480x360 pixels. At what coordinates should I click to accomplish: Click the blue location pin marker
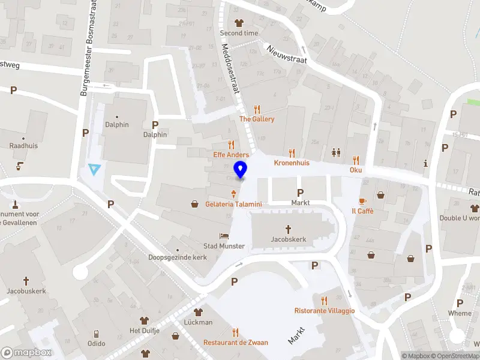point(241,170)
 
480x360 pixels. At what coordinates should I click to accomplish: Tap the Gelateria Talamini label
point(233,204)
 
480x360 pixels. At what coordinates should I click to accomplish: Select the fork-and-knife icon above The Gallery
point(257,109)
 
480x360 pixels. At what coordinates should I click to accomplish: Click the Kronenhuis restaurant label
point(292,163)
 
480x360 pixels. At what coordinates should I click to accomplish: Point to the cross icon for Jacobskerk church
point(288,229)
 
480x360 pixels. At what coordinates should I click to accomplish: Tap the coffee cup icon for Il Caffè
point(362,202)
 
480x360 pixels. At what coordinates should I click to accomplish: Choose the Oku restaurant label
point(356,170)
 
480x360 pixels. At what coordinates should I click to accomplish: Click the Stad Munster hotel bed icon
point(224,236)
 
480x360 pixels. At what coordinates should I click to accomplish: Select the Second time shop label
point(239,33)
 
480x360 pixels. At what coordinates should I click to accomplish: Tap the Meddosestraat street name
point(231,70)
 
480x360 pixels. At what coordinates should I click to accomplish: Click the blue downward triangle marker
point(93,170)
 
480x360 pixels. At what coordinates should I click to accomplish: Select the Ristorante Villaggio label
point(325,310)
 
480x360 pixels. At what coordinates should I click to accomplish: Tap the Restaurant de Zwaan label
point(236,342)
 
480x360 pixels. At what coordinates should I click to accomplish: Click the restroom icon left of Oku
point(335,153)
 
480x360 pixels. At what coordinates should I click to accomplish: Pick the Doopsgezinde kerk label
point(178,257)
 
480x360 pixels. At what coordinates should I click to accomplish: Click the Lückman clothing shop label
point(198,322)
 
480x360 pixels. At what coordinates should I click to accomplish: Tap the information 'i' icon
point(425,163)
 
